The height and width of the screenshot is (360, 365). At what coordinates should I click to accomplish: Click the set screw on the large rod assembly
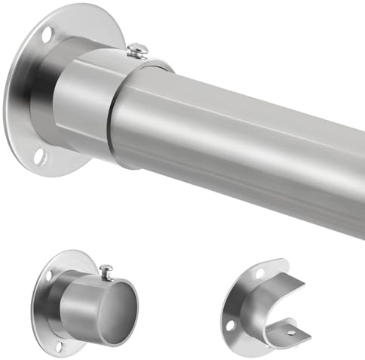tap(137, 51)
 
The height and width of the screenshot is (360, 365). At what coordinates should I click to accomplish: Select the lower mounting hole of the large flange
tap(40, 156)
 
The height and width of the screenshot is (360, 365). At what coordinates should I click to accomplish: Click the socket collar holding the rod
tap(83, 98)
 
